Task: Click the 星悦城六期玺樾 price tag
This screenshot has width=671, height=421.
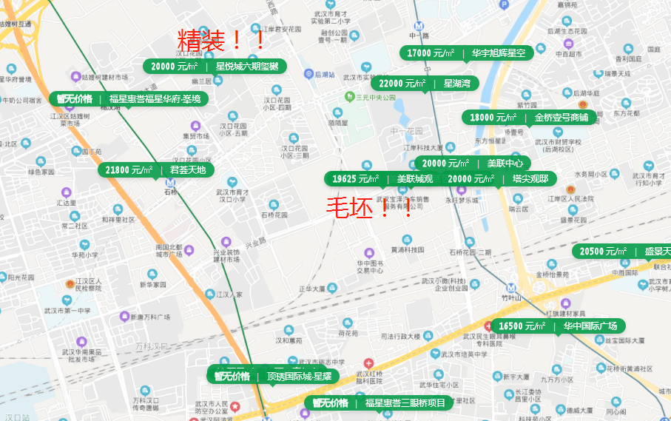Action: (x=215, y=67)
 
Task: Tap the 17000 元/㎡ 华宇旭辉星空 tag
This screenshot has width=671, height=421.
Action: (x=467, y=53)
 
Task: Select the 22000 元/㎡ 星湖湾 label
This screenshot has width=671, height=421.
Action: (x=425, y=84)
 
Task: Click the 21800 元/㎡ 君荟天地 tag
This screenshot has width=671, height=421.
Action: (x=157, y=170)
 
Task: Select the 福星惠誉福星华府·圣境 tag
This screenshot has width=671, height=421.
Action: (x=129, y=98)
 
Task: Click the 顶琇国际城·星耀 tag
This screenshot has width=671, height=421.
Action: (x=273, y=376)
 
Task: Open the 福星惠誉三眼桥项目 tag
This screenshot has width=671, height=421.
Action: (x=379, y=403)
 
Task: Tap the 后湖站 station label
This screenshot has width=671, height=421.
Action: (x=325, y=75)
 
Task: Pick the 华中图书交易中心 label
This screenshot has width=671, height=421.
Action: (x=370, y=266)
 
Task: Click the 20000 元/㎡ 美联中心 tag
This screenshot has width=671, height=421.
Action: (x=473, y=164)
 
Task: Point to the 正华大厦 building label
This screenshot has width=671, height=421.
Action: (x=312, y=289)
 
